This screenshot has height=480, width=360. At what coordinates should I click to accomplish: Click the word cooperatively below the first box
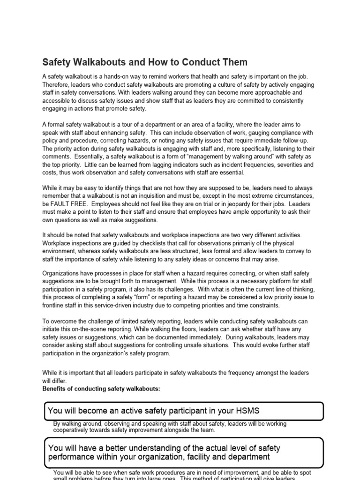click(x=75, y=430)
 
